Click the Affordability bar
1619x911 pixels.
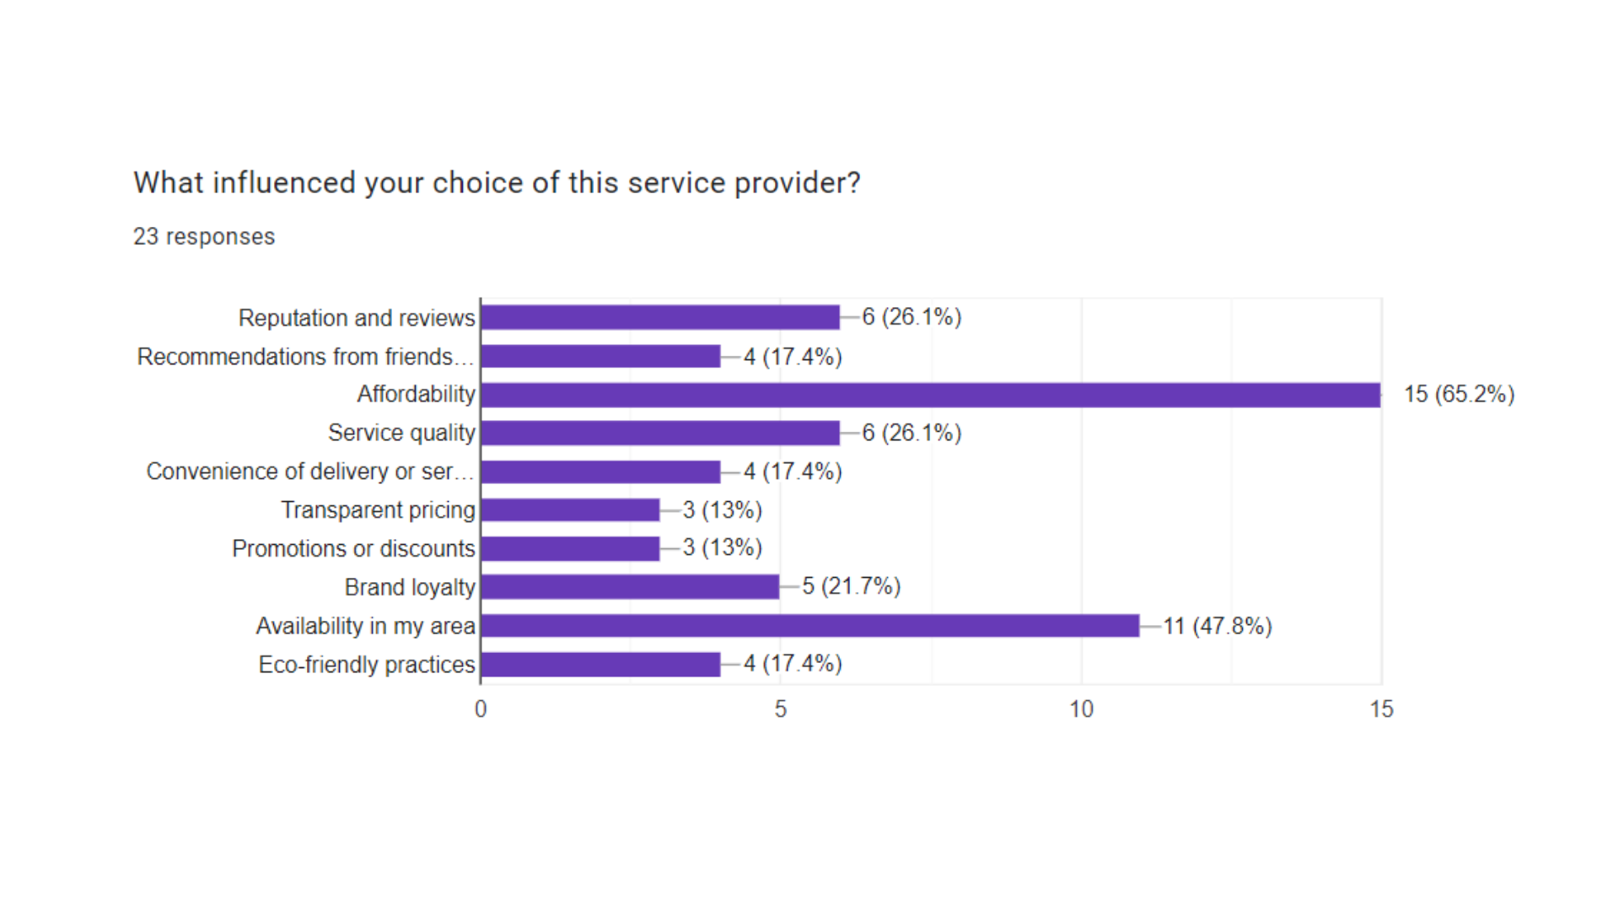pos(930,395)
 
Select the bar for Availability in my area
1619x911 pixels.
pos(809,626)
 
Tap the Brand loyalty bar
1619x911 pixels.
pos(630,587)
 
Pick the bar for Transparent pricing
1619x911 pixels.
pos(570,510)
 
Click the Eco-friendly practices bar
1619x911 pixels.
pos(600,665)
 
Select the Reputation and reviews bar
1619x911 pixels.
pos(660,318)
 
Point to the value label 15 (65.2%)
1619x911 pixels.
pos(1459,395)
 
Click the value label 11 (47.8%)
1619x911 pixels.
pos(1218,626)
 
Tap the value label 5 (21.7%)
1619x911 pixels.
pos(852,586)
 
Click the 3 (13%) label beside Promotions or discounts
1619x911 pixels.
pos(723,548)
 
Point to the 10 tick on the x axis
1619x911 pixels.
pos(1081,709)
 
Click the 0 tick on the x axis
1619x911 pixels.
pos(481,709)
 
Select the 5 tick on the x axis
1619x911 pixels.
pos(781,709)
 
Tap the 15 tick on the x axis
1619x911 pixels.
pos(1381,709)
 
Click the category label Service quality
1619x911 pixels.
pos(401,433)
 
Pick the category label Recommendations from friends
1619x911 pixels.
pos(304,357)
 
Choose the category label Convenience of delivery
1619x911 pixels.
pos(309,472)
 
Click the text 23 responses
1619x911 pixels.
pos(204,236)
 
